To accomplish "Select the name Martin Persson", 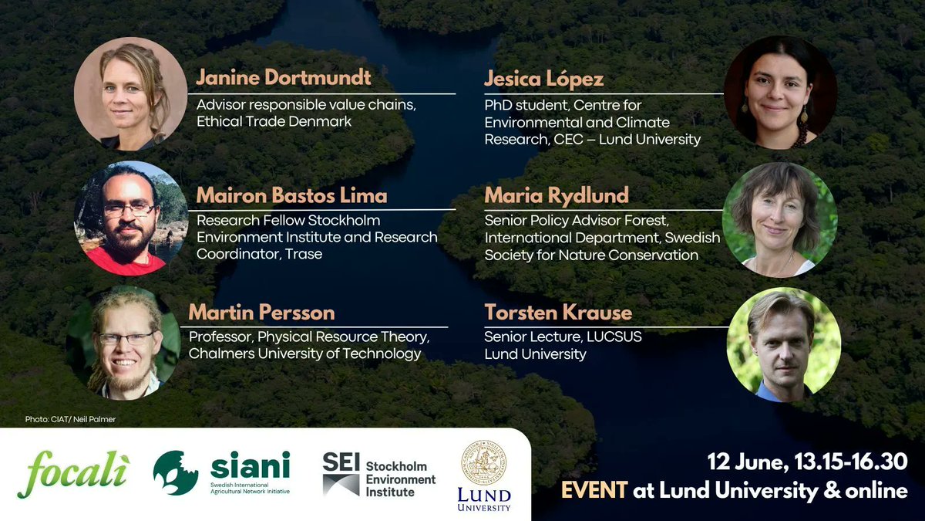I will click(x=262, y=313).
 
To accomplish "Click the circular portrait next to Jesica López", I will click(x=780, y=92).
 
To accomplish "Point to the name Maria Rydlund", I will click(x=557, y=195).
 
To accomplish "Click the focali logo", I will click(x=73, y=473).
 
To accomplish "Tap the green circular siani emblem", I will click(x=175, y=472).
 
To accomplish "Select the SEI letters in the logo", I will click(x=341, y=462).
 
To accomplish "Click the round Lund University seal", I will click(x=483, y=462).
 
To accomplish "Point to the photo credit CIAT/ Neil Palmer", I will click(x=69, y=420).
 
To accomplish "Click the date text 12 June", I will click(x=746, y=462).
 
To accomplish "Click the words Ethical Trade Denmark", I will click(x=274, y=121).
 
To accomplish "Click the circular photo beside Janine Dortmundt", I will click(x=130, y=93).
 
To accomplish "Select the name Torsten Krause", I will click(x=558, y=313).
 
